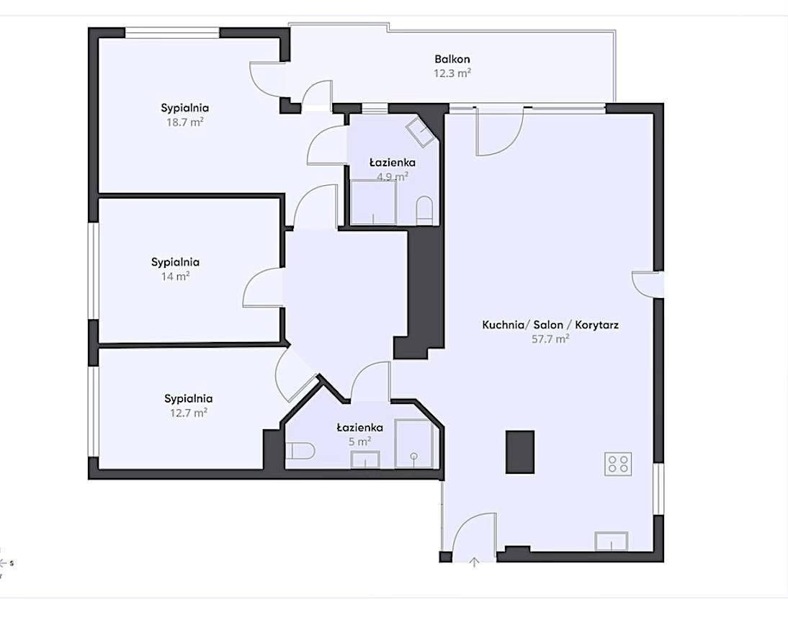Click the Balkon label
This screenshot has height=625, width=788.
point(452,59)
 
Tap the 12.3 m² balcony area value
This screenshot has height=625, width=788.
point(452,73)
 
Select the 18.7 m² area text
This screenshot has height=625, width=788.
point(185,122)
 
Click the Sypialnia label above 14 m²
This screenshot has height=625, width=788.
point(175,262)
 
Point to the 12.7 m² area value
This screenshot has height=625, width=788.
point(189,413)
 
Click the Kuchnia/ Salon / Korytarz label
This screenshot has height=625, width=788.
point(550,325)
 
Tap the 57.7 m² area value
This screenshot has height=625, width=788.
point(550,338)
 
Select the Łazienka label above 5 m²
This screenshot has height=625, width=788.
point(360,428)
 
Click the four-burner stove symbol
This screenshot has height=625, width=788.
point(618,463)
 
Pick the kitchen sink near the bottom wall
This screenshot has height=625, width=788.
point(611,541)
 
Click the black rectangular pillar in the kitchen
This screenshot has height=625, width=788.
point(519,451)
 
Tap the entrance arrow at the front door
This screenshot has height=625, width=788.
point(474,562)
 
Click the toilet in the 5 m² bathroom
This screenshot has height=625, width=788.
point(300,451)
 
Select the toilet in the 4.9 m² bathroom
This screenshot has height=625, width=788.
point(424,210)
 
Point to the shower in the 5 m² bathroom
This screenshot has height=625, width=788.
point(413,444)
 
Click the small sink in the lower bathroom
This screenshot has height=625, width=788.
point(365,459)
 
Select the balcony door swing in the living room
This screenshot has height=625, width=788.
point(500,132)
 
